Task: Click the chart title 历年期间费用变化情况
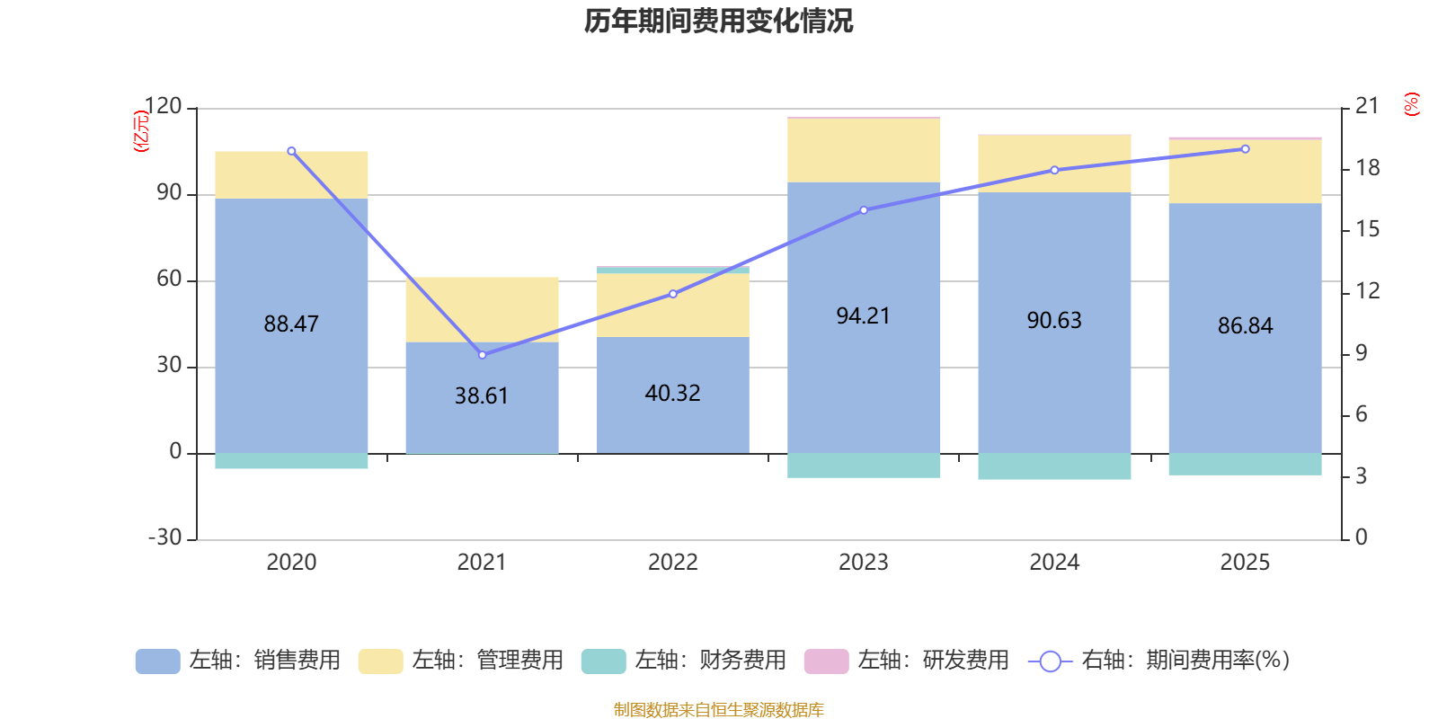tap(718, 22)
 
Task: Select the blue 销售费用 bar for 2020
tap(291, 325)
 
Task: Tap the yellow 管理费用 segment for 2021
tap(482, 309)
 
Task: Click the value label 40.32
tap(673, 393)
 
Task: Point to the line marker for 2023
tap(864, 210)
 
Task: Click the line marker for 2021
tap(482, 355)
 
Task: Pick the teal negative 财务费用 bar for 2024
tap(1054, 466)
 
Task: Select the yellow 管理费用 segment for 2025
tap(1245, 172)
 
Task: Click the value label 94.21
tap(864, 315)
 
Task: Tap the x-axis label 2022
tap(673, 563)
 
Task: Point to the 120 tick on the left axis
tap(163, 106)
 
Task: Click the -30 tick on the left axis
tap(165, 537)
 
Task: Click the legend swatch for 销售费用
tap(158, 661)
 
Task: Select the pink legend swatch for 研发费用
tap(826, 661)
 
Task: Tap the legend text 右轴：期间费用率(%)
tap(1185, 661)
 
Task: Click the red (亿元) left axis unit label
tap(140, 131)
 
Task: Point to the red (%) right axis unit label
tap(1411, 104)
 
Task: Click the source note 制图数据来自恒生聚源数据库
tap(718, 709)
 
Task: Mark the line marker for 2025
tap(1246, 149)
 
